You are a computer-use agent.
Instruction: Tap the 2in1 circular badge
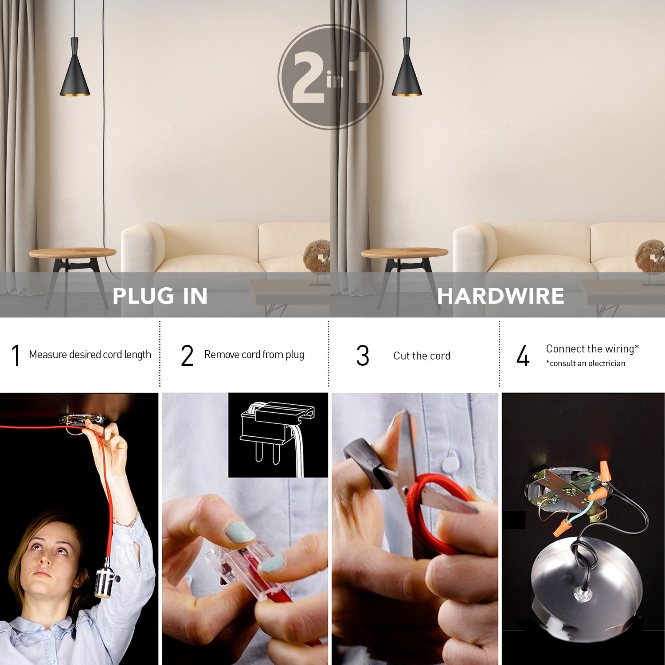tap(330, 77)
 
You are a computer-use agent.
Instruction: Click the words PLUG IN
tap(160, 296)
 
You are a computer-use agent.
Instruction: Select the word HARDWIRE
tap(501, 296)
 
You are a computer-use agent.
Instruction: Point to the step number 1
tap(16, 356)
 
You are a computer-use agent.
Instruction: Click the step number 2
tap(187, 356)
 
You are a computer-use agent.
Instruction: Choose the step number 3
tap(363, 356)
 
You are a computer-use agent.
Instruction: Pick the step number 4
tap(523, 356)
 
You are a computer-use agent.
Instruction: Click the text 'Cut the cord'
tap(422, 356)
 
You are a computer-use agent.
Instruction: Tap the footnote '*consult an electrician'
tap(585, 364)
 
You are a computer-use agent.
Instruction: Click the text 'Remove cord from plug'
tap(254, 355)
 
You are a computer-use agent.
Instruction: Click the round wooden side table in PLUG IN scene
tap(72, 253)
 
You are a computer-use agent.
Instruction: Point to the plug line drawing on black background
tap(278, 434)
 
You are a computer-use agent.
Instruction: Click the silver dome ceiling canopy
tap(585, 581)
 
